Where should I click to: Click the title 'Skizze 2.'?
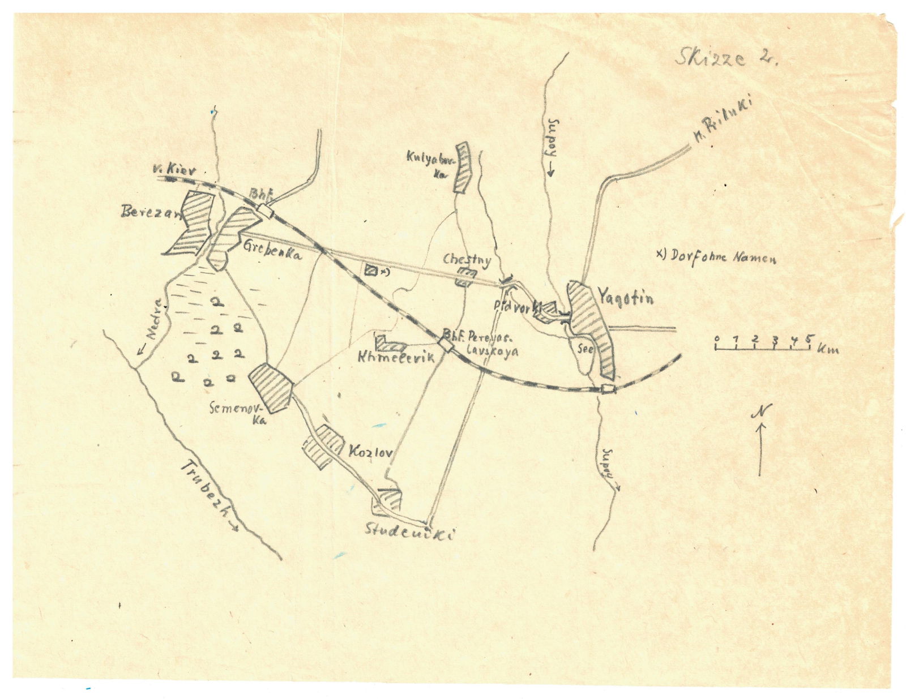point(726,57)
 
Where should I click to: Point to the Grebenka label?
point(272,251)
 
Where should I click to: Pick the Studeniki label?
point(410,531)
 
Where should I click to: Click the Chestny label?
point(467,260)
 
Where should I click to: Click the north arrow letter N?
point(762,412)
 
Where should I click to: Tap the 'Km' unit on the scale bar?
point(827,349)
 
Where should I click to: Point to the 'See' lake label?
point(585,349)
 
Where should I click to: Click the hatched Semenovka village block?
point(271,387)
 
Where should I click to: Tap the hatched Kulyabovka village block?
point(464,168)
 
